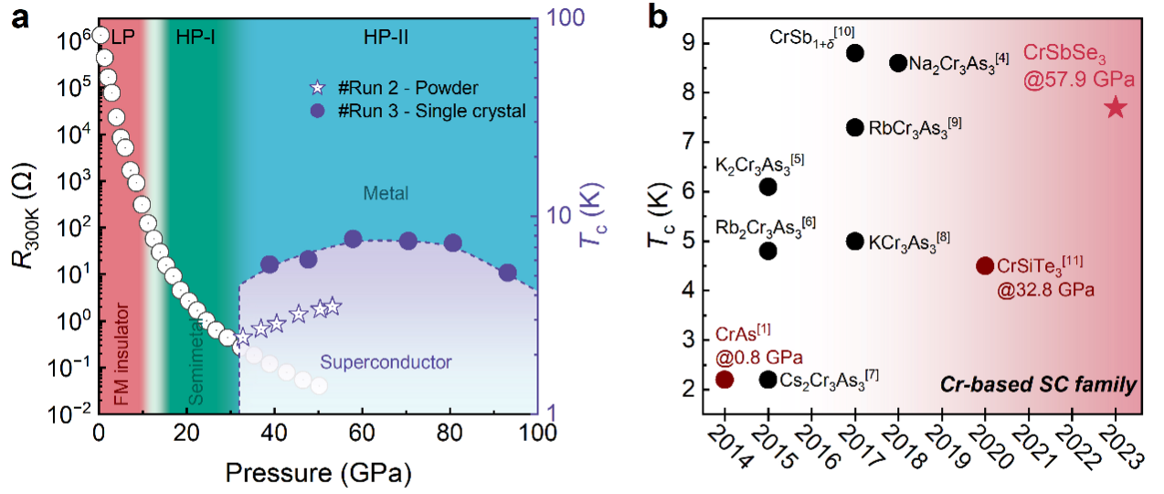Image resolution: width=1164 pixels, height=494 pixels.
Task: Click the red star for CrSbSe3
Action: (1116, 108)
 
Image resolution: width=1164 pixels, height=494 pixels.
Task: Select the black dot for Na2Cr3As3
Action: (898, 63)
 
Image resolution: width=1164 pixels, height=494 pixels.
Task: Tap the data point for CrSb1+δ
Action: (855, 53)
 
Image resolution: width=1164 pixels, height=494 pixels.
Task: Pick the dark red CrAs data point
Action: (725, 379)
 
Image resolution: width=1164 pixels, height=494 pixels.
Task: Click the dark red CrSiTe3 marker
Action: (985, 265)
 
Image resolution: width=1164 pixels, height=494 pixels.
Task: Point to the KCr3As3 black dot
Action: (855, 241)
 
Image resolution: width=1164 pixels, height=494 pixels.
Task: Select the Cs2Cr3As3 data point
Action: (768, 379)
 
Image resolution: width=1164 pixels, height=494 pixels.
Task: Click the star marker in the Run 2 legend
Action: (317, 88)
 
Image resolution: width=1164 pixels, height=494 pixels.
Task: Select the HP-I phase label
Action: (194, 38)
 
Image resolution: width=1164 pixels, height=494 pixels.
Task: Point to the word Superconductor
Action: (398, 362)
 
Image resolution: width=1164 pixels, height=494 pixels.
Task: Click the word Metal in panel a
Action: (386, 193)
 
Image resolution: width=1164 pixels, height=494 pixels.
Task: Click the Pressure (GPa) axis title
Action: (318, 473)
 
